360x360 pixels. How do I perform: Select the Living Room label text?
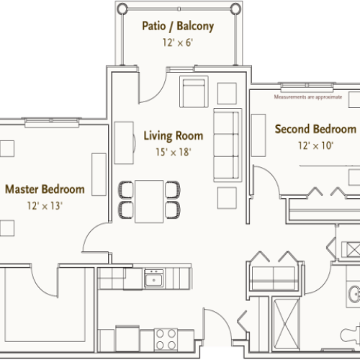click(173, 135)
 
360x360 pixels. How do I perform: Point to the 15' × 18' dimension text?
click(173, 152)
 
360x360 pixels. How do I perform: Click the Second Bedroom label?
click(315, 130)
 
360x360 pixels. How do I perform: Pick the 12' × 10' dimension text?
click(315, 146)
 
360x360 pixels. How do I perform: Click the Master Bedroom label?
click(45, 190)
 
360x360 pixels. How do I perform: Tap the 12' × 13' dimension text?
click(45, 207)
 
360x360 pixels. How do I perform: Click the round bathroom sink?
click(352, 295)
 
